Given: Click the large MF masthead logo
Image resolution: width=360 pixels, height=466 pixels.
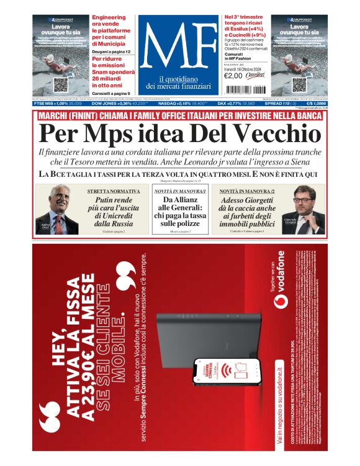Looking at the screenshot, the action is click(179, 47).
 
